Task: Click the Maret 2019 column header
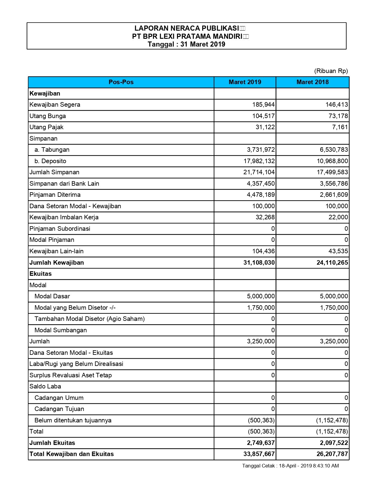tap(245, 82)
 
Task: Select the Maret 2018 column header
tap(312, 82)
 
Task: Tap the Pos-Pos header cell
tap(121, 82)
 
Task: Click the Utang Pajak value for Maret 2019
tap(265, 127)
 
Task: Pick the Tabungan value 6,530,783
tap(332, 150)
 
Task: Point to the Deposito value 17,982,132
tap(259, 161)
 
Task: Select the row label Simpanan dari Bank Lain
tap(64, 184)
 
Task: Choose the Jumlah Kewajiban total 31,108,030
tap(259, 263)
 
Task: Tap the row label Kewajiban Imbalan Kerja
tap(64, 218)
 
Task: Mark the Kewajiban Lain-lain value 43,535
tap(338, 251)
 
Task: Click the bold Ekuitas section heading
tap(41, 274)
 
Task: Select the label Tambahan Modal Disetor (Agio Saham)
tap(89, 319)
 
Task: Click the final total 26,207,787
tap(332, 454)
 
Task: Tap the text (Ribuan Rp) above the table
tap(331, 71)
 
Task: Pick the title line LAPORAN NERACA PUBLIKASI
tap(186, 29)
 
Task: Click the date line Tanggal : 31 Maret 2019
tap(186, 44)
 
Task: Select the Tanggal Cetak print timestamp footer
tap(290, 466)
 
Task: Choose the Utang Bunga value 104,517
tap(263, 116)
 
